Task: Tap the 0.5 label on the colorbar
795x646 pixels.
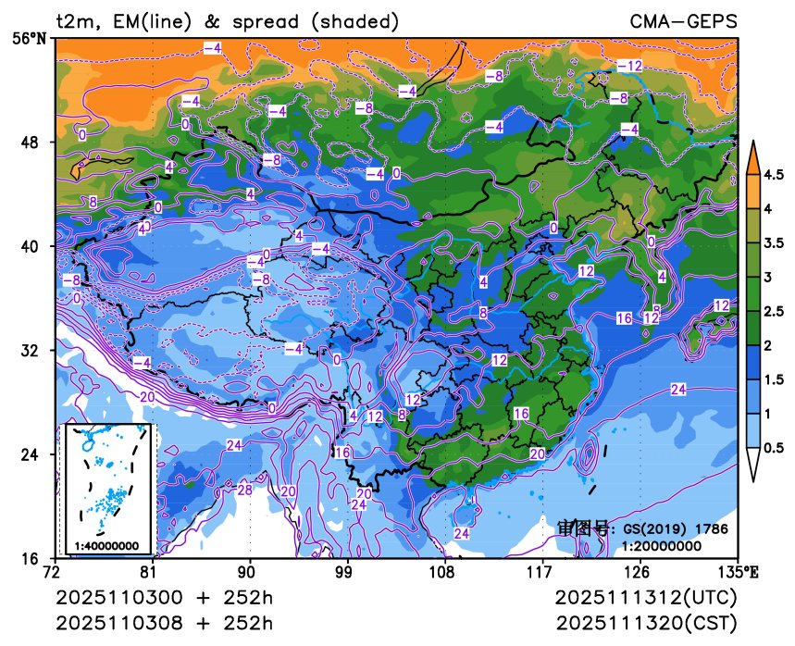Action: (x=773, y=448)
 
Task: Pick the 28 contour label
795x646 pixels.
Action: (x=245, y=490)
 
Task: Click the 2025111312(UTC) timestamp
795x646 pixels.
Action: (x=646, y=598)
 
